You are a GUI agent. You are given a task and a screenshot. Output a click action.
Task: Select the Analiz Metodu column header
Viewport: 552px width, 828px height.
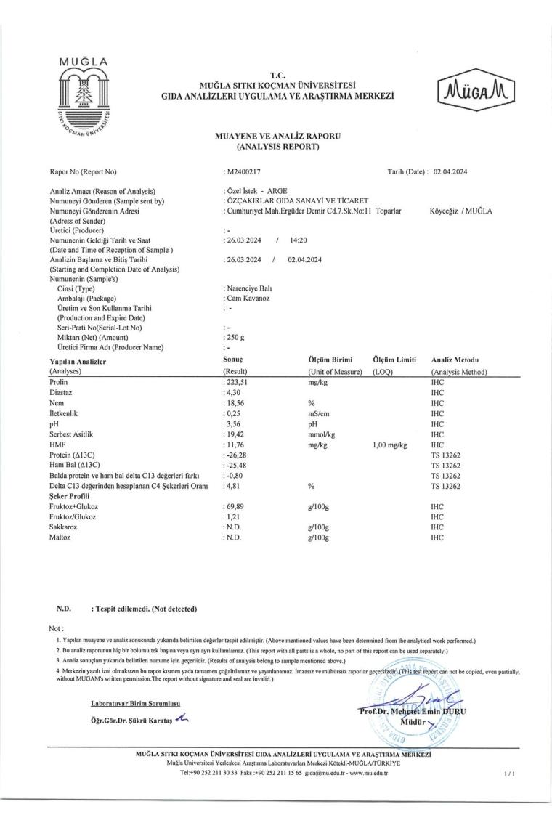coord(455,360)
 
